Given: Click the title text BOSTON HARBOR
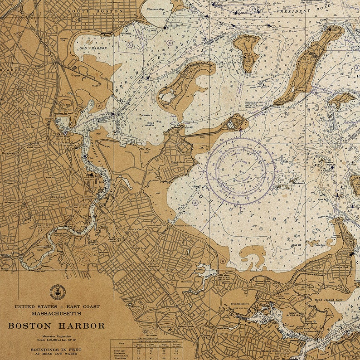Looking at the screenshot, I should pos(56,326).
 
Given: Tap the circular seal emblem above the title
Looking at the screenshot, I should pos(57,292).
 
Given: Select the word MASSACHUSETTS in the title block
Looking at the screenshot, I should pos(56,313).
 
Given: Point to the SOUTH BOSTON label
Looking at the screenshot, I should pos(95,10).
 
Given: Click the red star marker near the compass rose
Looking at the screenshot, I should pos(240,130).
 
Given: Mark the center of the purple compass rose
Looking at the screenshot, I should pos(240,171).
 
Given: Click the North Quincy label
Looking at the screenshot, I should pos(138,229).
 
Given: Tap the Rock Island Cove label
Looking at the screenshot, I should pos(328,300).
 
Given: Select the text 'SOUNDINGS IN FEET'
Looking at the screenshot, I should pos(56,350).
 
